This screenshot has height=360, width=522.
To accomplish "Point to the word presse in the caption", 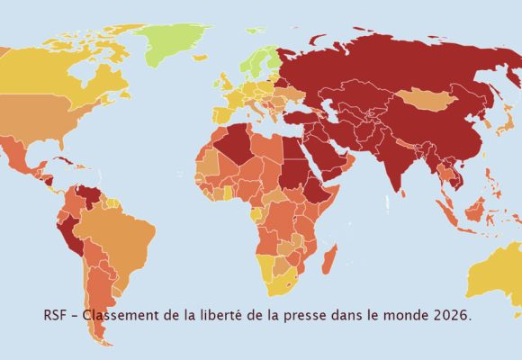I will point(310,317).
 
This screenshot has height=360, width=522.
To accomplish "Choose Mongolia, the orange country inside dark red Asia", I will point(421,99).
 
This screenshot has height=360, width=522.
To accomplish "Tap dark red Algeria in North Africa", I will point(237,144).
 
